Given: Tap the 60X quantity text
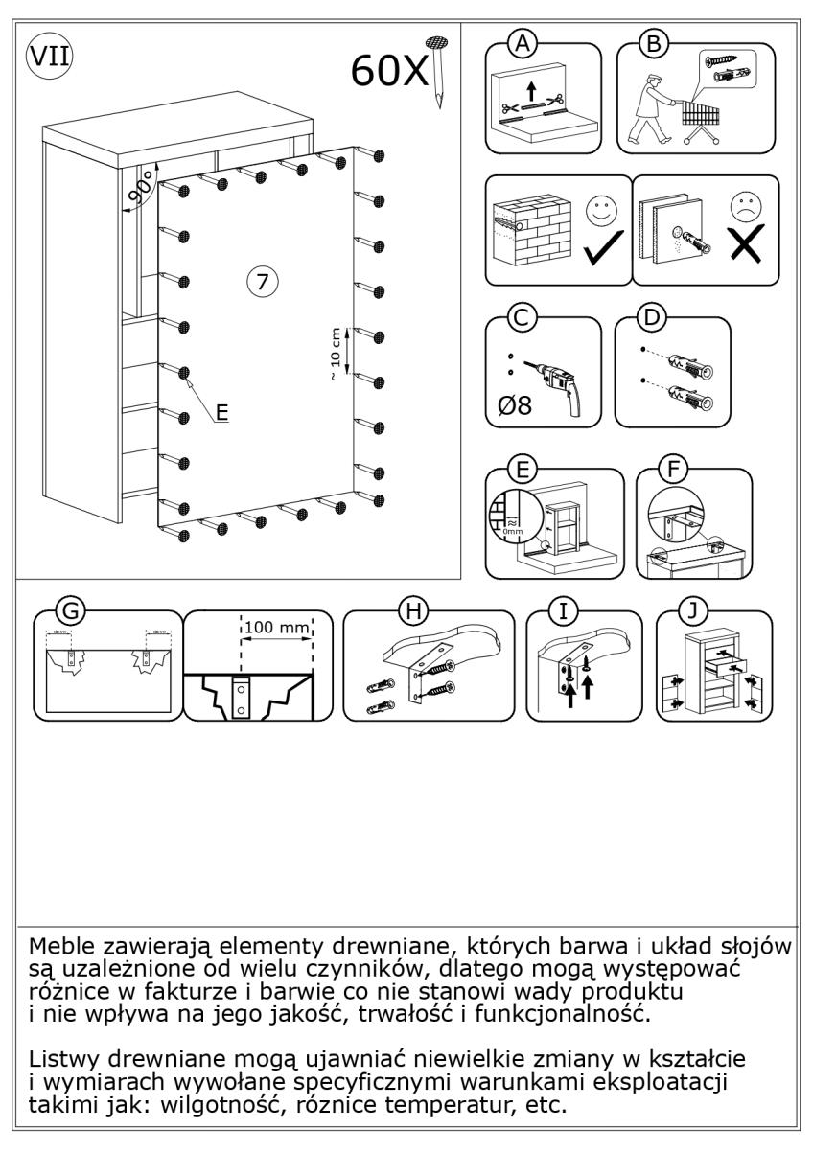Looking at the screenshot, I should pos(391,70).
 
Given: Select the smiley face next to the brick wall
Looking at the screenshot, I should pos(601,212).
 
